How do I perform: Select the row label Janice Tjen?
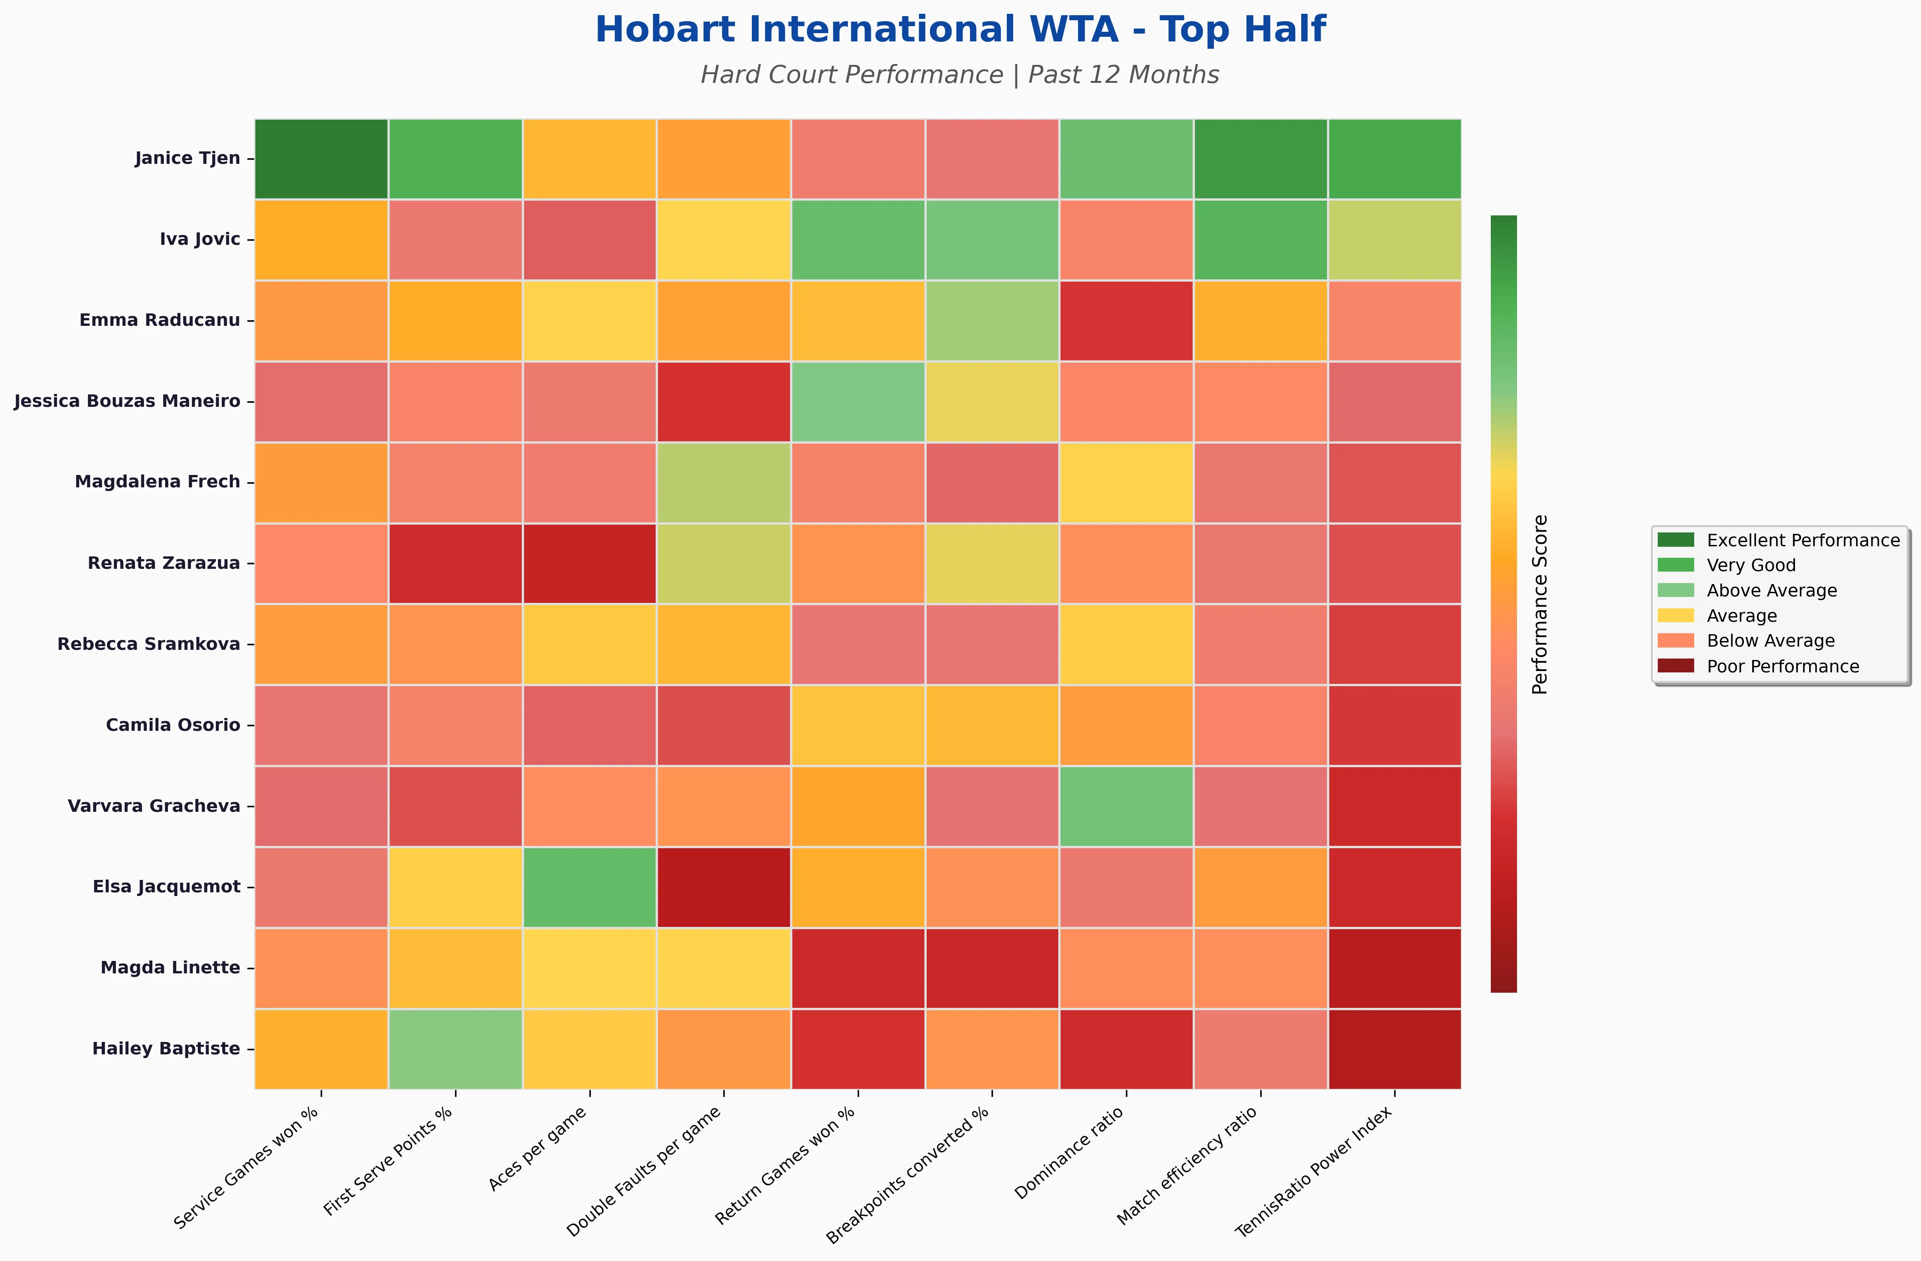point(187,158)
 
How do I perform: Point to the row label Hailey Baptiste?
point(166,1049)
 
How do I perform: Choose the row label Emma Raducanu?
point(160,320)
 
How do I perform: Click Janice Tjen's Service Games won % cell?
point(321,158)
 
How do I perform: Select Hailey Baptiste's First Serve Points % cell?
point(455,1049)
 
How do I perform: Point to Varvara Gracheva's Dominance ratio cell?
point(1126,806)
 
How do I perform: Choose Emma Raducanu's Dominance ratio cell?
point(1126,320)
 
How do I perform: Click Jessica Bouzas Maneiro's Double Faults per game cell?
point(723,401)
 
